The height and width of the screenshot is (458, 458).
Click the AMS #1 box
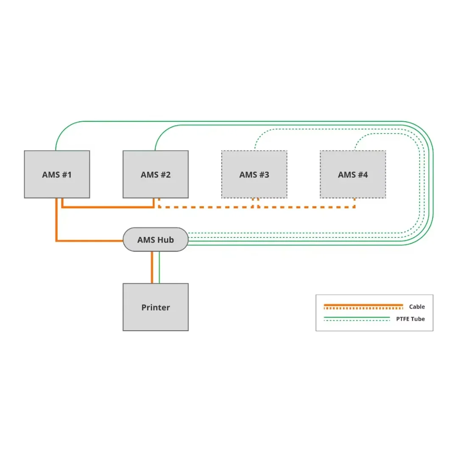(x=57, y=174)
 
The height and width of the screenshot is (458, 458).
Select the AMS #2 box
(x=156, y=174)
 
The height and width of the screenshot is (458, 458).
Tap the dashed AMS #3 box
(x=254, y=174)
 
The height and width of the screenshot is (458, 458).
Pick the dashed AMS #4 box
(x=353, y=174)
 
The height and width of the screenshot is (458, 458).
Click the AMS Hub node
(x=155, y=240)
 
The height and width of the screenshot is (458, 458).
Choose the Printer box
(x=156, y=307)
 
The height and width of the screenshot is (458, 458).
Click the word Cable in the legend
(x=416, y=307)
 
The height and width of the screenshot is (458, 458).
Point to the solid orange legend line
(x=363, y=304)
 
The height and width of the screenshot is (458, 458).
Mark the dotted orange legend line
(x=363, y=308)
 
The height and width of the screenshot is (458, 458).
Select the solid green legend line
(x=356, y=317)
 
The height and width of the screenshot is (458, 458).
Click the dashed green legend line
(x=356, y=321)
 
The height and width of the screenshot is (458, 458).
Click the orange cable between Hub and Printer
(x=152, y=267)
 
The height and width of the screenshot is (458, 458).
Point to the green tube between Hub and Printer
(x=159, y=267)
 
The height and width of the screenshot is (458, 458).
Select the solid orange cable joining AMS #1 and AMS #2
(x=108, y=207)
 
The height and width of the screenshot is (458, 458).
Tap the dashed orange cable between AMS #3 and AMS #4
(x=305, y=207)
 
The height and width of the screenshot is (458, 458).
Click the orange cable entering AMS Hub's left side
(x=89, y=241)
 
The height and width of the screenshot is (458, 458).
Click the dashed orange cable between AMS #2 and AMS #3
(x=206, y=207)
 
